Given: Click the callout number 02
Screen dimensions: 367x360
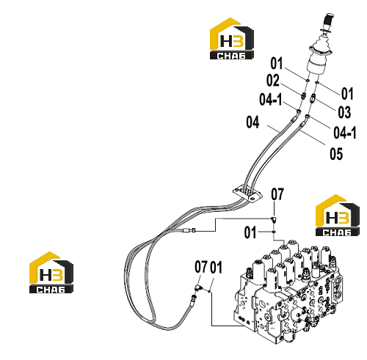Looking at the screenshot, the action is click(273, 80).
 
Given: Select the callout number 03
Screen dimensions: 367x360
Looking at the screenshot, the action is click(344, 112).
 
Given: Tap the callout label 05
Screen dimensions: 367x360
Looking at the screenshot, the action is click(336, 154).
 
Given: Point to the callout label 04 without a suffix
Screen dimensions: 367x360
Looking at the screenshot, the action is click(252, 122).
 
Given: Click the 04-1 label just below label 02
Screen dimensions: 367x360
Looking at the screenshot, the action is click(271, 100).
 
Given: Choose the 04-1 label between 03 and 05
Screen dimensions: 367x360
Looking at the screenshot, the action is click(345, 133).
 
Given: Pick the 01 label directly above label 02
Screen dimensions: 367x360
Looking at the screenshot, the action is click(277, 63).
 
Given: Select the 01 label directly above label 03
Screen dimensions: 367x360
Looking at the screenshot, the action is click(347, 94).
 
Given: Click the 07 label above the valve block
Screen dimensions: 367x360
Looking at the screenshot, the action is click(277, 194).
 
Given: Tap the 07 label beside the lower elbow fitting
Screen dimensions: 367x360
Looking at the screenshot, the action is click(201, 267).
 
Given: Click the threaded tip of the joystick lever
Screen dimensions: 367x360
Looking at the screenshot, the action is click(327, 19).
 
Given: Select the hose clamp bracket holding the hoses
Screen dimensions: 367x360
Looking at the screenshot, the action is click(247, 194).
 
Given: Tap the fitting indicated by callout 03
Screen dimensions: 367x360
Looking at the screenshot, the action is click(313, 98).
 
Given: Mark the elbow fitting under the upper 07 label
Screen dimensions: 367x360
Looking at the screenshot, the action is click(274, 219).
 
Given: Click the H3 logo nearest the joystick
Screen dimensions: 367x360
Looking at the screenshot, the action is click(232, 38).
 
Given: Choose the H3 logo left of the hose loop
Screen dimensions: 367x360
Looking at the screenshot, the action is click(51, 272).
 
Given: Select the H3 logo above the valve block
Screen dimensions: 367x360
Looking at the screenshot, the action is click(338, 216).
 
